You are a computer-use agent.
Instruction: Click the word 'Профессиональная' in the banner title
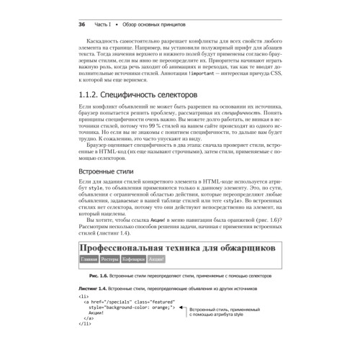click(x=128, y=248)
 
